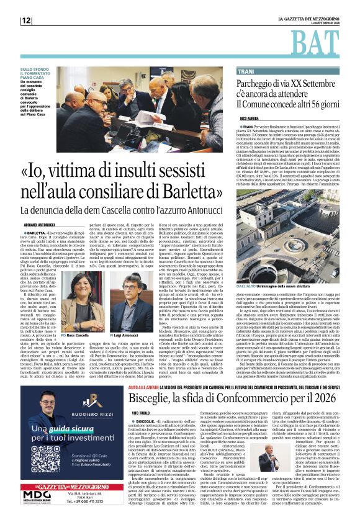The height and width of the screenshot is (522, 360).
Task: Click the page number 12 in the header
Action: (26, 20)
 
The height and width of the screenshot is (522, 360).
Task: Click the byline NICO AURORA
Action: (249, 117)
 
